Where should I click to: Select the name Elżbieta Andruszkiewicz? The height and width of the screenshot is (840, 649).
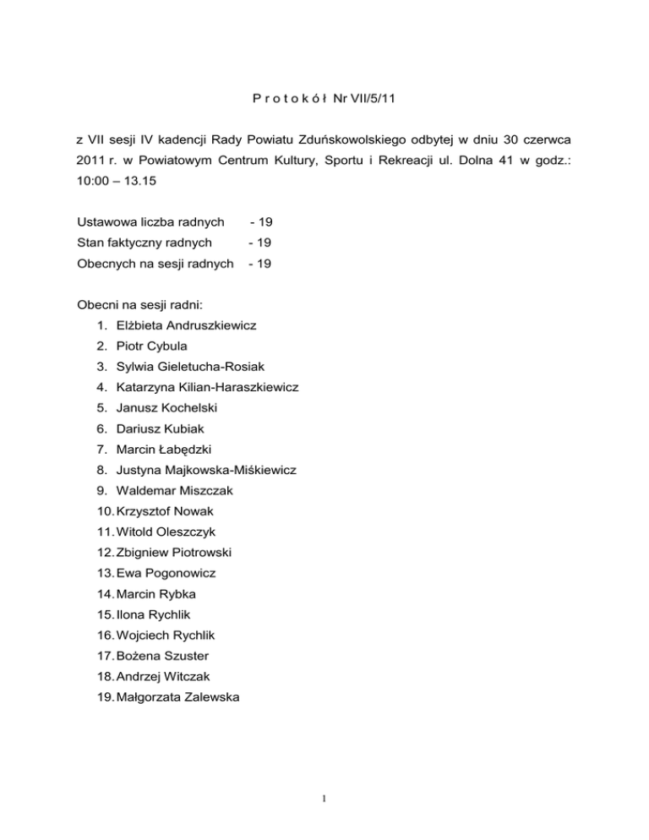pyautogui.click(x=187, y=325)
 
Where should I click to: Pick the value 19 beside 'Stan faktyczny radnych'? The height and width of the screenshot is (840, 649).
pyautogui.click(x=260, y=243)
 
